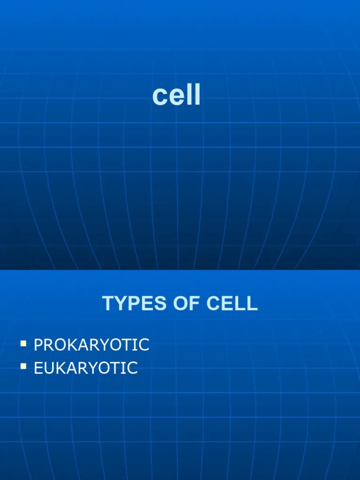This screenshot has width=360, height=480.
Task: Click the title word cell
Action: point(176,96)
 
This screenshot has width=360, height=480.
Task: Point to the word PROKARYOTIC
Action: point(91,345)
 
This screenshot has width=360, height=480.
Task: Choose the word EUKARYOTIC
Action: point(86,368)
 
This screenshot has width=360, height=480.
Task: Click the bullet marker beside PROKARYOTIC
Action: point(23,344)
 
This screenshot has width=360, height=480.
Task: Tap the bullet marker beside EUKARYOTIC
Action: point(23,367)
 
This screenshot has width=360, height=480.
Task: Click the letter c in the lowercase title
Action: point(159,97)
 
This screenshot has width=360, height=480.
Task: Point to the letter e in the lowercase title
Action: point(176,97)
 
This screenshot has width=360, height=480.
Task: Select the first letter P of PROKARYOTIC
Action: point(38,345)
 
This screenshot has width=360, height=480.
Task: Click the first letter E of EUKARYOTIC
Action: point(38,368)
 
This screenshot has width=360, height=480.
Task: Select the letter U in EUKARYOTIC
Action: point(49,368)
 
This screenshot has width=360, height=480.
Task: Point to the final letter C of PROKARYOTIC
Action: point(143,345)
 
